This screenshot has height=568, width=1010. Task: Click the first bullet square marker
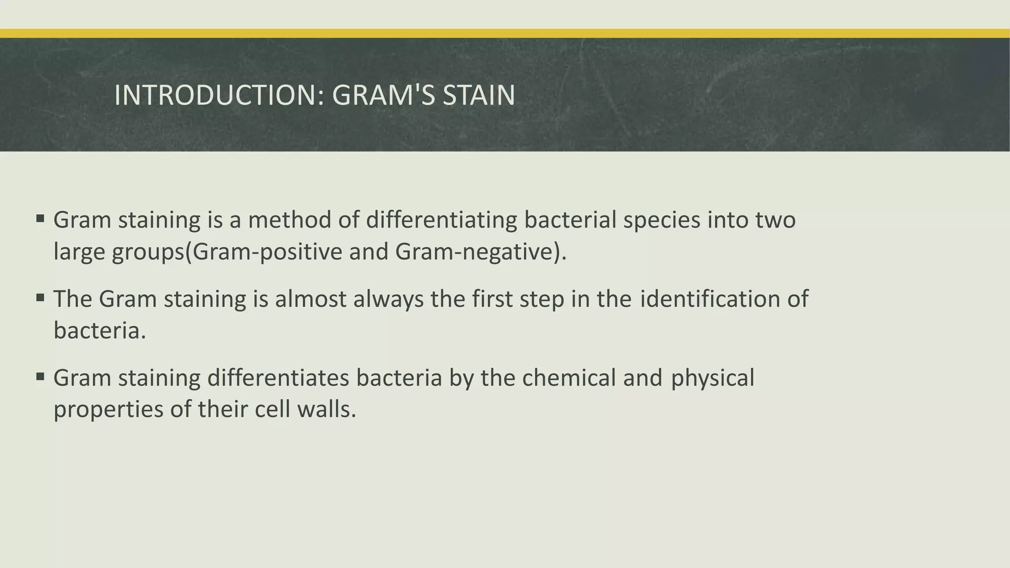[40, 217]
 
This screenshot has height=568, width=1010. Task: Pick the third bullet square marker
[40, 377]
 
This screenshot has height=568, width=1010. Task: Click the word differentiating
[441, 220]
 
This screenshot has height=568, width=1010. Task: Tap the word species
[661, 220]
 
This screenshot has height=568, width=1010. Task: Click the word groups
[147, 252]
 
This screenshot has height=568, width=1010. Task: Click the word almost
[310, 299]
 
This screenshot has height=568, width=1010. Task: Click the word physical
[712, 378]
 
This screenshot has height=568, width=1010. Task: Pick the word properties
[108, 410]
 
